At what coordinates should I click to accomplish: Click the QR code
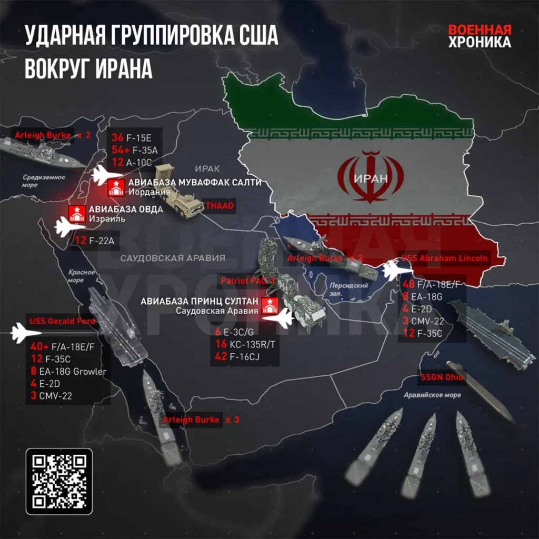tap(59, 481)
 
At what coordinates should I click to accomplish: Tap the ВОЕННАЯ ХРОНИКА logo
tap(479, 36)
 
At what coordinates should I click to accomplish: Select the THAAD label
tap(219, 204)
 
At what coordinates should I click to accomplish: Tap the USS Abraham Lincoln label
tap(445, 258)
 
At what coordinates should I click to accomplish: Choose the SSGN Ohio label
tap(441, 377)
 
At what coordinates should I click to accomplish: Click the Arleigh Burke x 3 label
tap(201, 420)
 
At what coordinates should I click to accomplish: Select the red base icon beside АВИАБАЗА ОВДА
tap(76, 214)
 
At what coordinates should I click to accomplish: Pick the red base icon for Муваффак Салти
tap(116, 187)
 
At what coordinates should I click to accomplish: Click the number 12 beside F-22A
tap(81, 241)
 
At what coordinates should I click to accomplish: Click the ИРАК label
tap(206, 168)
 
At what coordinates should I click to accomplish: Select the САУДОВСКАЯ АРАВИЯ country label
tap(173, 258)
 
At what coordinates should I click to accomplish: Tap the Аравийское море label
tap(432, 395)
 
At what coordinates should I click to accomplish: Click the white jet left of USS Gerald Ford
tap(26, 333)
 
